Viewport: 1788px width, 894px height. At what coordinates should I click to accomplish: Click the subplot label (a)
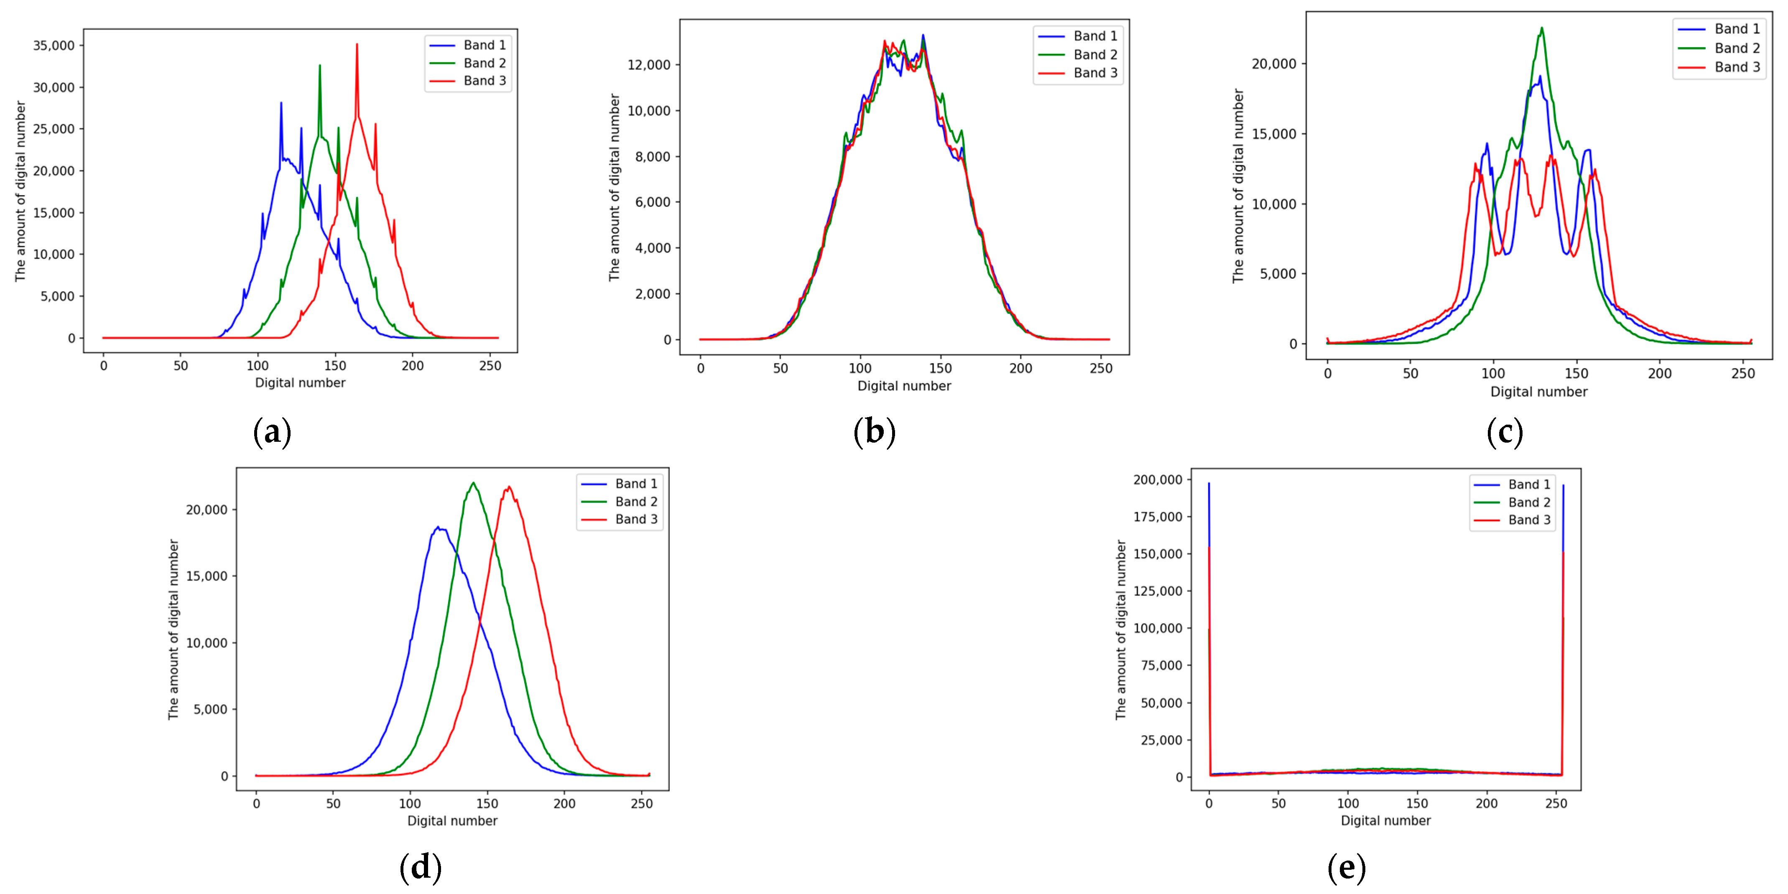click(x=272, y=432)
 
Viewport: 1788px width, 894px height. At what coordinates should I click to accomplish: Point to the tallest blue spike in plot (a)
click(x=281, y=103)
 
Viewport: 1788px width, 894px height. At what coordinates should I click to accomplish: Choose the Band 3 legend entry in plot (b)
click(x=1094, y=73)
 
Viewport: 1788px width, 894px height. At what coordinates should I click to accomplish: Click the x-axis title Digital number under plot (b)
click(x=904, y=386)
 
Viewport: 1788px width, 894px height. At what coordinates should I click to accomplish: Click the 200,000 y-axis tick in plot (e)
click(x=1157, y=480)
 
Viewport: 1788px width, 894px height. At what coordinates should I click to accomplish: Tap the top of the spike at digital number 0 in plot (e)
click(x=1209, y=484)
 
